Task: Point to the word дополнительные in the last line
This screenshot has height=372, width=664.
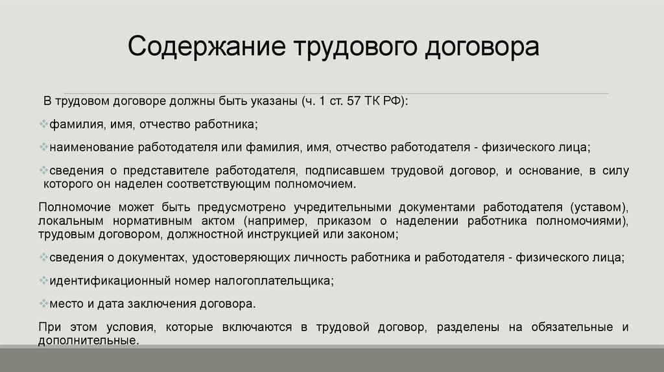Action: pos(88,340)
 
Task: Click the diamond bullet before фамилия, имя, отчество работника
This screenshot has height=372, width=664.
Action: pos(43,123)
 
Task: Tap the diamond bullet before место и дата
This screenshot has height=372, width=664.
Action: pos(43,303)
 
